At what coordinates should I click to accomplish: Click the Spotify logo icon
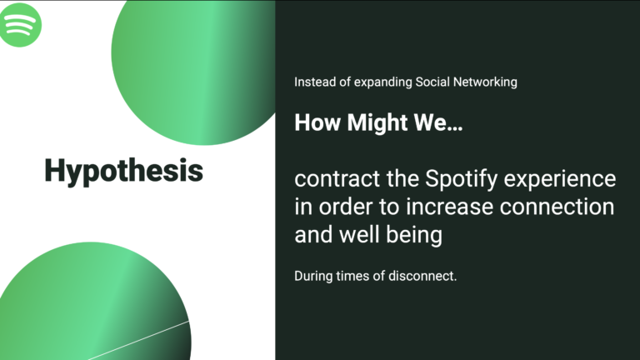20,25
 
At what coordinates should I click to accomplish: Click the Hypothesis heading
123,171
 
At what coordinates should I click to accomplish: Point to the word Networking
485,82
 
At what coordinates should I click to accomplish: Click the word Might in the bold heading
377,122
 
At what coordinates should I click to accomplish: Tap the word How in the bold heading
317,122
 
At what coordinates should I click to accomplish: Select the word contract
337,179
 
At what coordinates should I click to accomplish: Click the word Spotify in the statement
461,180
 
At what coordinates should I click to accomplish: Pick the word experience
560,180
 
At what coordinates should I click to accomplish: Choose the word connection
557,207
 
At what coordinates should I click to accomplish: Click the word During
313,276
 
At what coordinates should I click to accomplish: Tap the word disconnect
422,276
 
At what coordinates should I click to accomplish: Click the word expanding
382,82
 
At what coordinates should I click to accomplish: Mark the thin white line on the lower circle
138,340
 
